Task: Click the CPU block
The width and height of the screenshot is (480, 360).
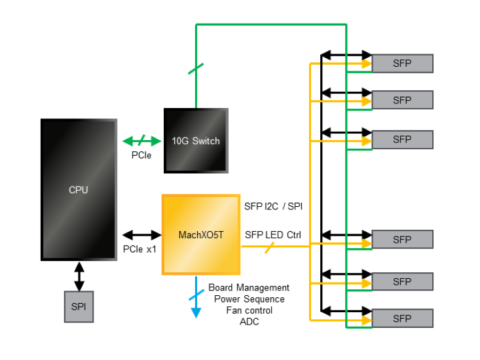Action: coord(79,190)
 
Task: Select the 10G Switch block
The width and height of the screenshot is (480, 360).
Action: coord(196,141)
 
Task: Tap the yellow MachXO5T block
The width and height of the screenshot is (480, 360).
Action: coord(201,234)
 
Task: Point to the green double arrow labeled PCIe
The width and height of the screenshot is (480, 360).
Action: coord(142,141)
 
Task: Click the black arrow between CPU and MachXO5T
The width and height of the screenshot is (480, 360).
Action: coord(142,234)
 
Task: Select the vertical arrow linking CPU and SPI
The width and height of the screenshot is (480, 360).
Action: coord(79,276)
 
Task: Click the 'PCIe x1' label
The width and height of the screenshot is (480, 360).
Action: coord(140,249)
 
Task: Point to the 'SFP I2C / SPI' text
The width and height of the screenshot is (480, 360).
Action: coord(274,207)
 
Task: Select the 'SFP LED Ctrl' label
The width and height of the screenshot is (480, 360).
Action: coord(273,234)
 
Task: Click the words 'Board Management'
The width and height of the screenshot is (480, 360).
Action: coord(249,287)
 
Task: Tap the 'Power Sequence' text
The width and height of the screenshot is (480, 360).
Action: coord(249,299)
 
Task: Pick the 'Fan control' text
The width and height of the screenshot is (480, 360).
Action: coord(249,310)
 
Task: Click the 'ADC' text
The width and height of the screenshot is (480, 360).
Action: coord(249,322)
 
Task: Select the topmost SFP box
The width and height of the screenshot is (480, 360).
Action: coord(402,63)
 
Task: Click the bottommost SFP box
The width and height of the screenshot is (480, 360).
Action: coord(402,319)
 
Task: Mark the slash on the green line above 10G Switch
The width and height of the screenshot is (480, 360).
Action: coord(196,68)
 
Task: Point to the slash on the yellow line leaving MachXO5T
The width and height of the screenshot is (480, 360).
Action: coord(268,247)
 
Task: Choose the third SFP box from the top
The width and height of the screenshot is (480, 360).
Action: coord(402,139)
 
